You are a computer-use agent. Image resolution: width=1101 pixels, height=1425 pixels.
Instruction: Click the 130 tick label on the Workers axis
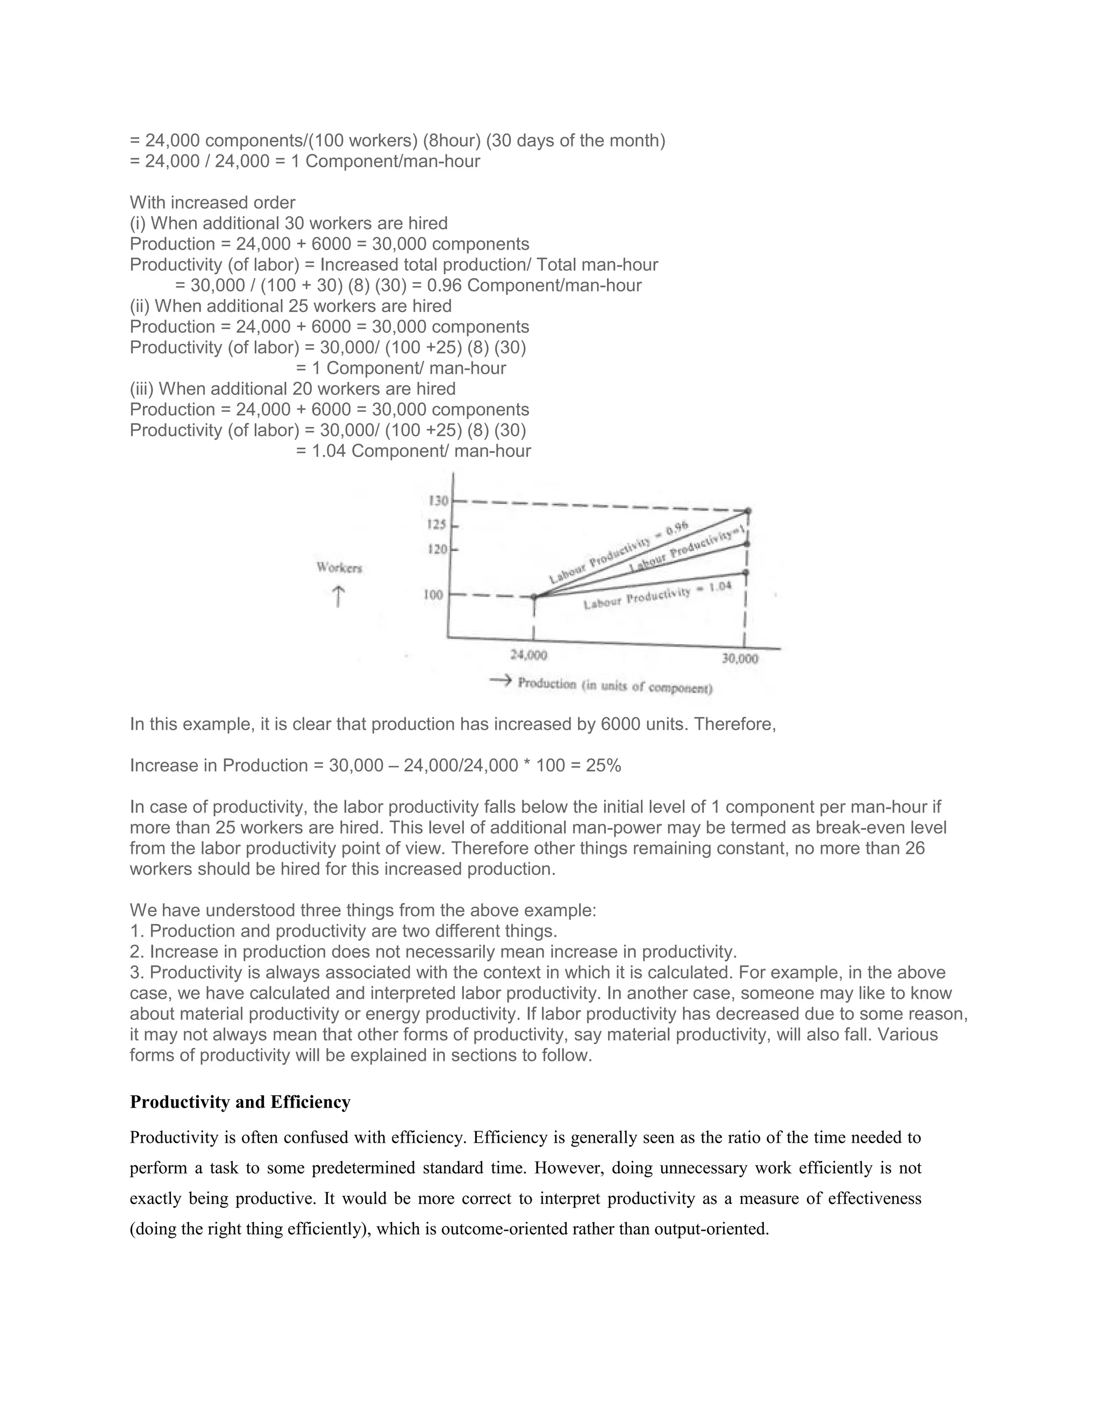pyautogui.click(x=438, y=501)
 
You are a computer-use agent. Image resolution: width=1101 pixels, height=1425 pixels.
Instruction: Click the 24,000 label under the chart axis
pyautogui.click(x=528, y=654)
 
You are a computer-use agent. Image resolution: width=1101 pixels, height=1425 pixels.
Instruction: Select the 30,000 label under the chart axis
pyautogui.click(x=740, y=658)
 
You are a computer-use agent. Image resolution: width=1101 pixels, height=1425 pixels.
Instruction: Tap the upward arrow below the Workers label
pyautogui.click(x=338, y=596)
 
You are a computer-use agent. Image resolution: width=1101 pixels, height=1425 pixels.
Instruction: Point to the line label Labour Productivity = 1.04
pyautogui.click(x=657, y=596)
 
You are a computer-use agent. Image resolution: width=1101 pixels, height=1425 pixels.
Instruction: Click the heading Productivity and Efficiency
pyautogui.click(x=240, y=1102)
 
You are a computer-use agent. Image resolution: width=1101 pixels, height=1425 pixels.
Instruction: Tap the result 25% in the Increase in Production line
pyautogui.click(x=603, y=765)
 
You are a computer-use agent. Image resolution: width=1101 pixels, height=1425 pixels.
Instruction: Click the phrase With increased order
pyautogui.click(x=213, y=202)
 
